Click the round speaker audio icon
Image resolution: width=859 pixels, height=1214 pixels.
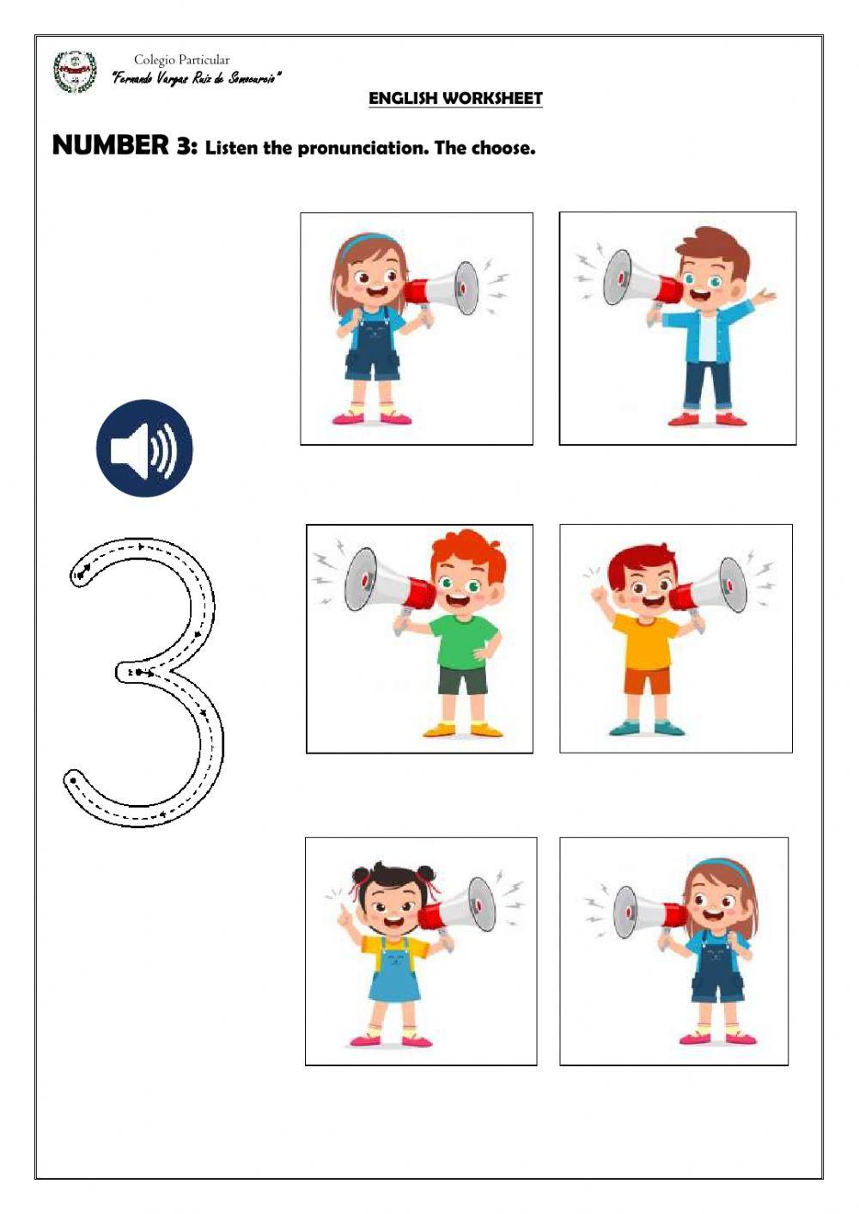(144, 448)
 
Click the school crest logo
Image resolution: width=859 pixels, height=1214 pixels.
(75, 72)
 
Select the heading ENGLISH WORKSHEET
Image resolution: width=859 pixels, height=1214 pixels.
(455, 99)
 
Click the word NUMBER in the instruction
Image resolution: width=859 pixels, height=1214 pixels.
(111, 145)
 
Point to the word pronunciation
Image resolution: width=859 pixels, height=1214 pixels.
(362, 148)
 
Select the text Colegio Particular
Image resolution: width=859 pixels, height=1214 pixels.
(181, 60)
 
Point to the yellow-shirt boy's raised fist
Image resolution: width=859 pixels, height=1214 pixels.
(599, 593)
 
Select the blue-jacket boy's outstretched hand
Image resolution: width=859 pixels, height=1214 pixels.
(765, 297)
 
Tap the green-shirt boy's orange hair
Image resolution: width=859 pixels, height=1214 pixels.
(468, 551)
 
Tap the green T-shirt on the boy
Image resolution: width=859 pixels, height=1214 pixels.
(464, 642)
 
